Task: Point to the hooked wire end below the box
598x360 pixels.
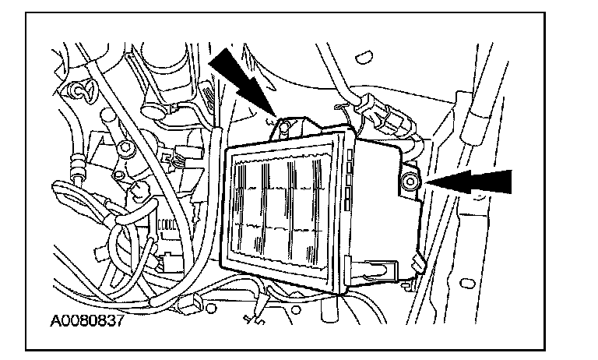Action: [x=251, y=319]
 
